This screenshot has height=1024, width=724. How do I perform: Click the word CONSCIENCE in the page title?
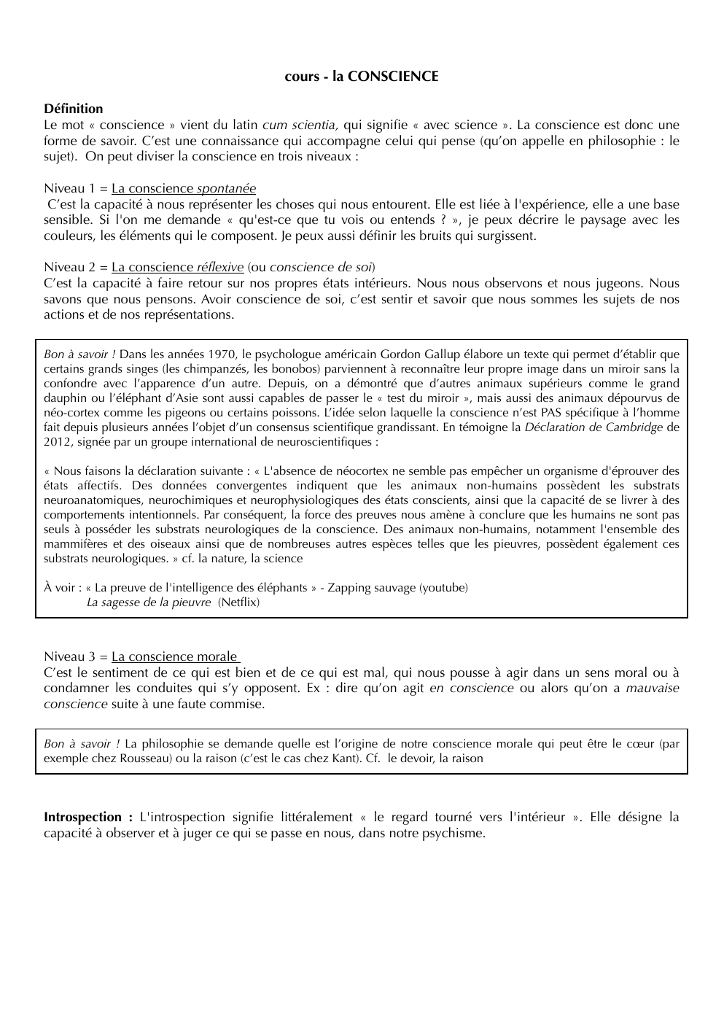click(393, 77)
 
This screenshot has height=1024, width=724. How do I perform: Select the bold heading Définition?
click(73, 109)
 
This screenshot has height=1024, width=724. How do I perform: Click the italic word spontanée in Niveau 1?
click(226, 188)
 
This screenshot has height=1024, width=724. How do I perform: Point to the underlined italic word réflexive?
click(219, 267)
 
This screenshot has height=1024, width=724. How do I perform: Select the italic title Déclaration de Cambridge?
click(593, 427)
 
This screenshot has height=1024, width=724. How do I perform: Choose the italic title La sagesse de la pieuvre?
click(148, 602)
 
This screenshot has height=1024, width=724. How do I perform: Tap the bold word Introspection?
click(82, 817)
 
